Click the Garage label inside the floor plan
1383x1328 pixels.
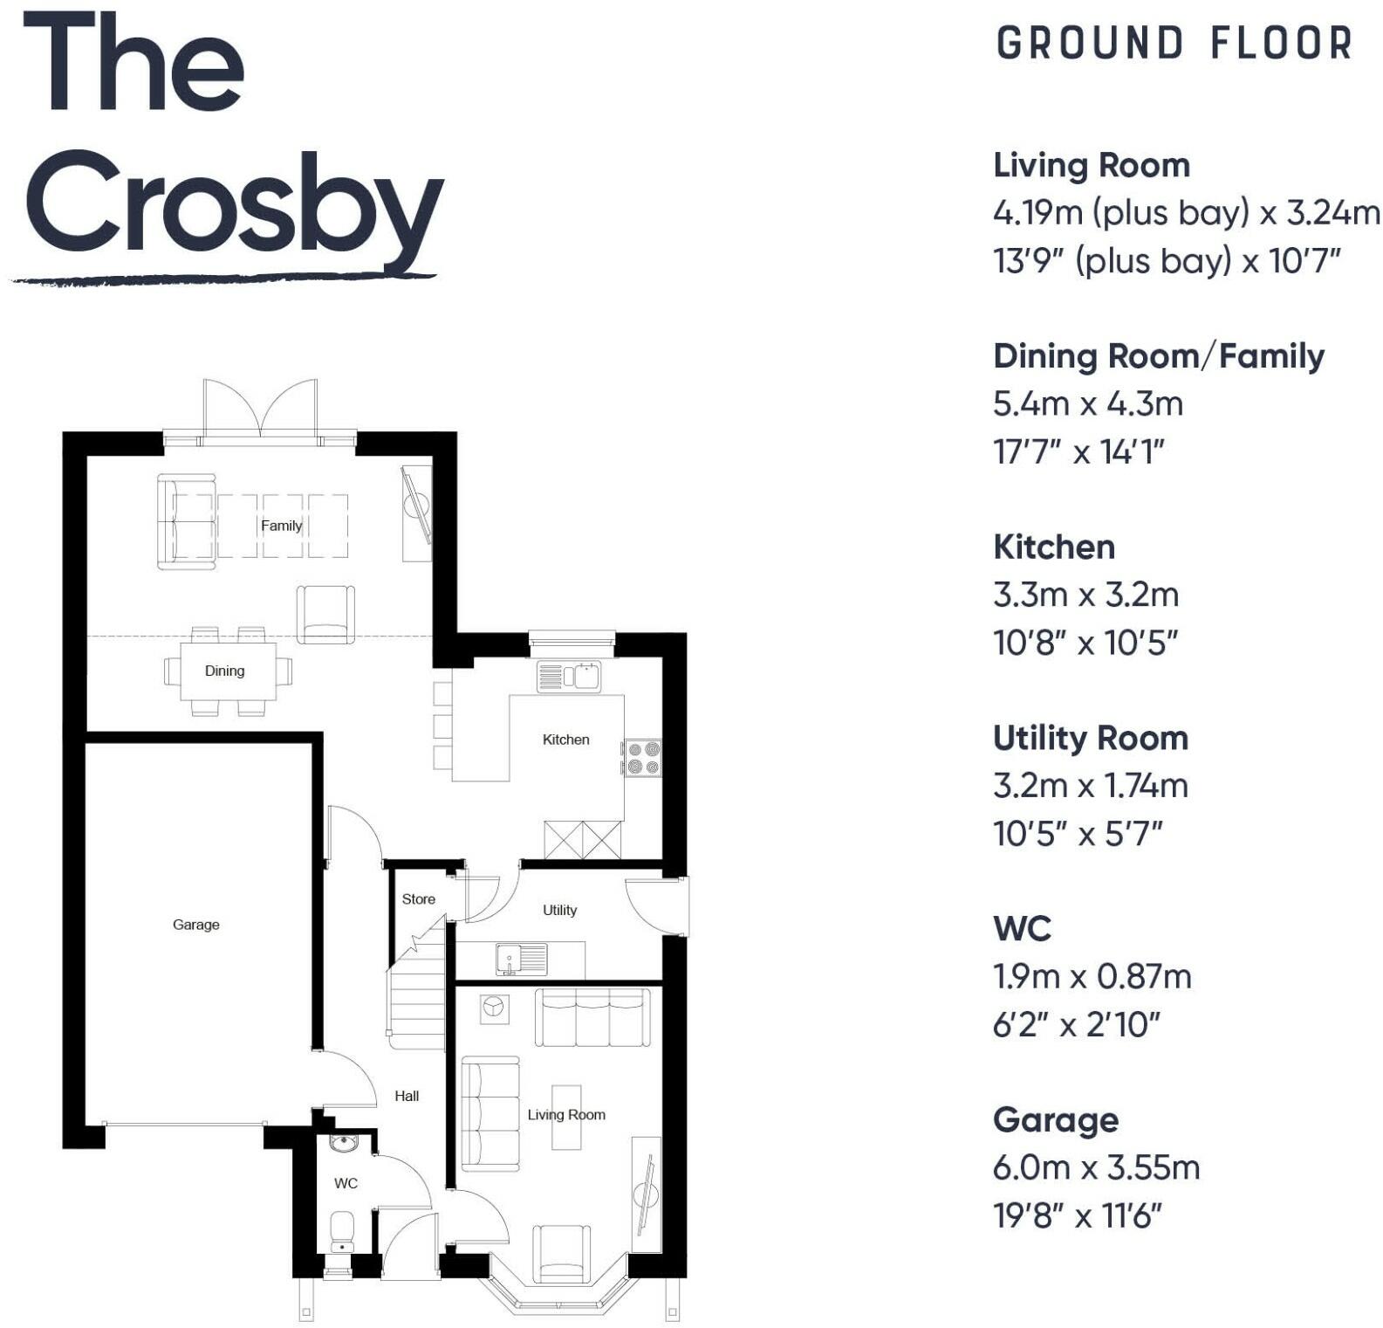[x=195, y=925]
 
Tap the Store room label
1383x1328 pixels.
[x=418, y=899]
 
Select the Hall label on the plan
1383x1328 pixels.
[x=407, y=1097]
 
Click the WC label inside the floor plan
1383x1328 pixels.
[x=346, y=1184]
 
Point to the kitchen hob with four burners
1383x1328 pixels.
[x=642, y=758]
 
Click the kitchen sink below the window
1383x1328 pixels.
[x=569, y=677]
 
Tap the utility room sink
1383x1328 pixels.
[x=521, y=959]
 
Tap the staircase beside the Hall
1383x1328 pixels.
[x=416, y=995]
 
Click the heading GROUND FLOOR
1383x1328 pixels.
[x=1174, y=44]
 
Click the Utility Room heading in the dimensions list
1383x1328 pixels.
[x=1091, y=739]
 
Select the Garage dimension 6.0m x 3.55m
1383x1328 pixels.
[x=1096, y=1167]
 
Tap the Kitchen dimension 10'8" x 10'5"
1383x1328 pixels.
[x=1085, y=643]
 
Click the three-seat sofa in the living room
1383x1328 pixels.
[x=592, y=1017]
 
